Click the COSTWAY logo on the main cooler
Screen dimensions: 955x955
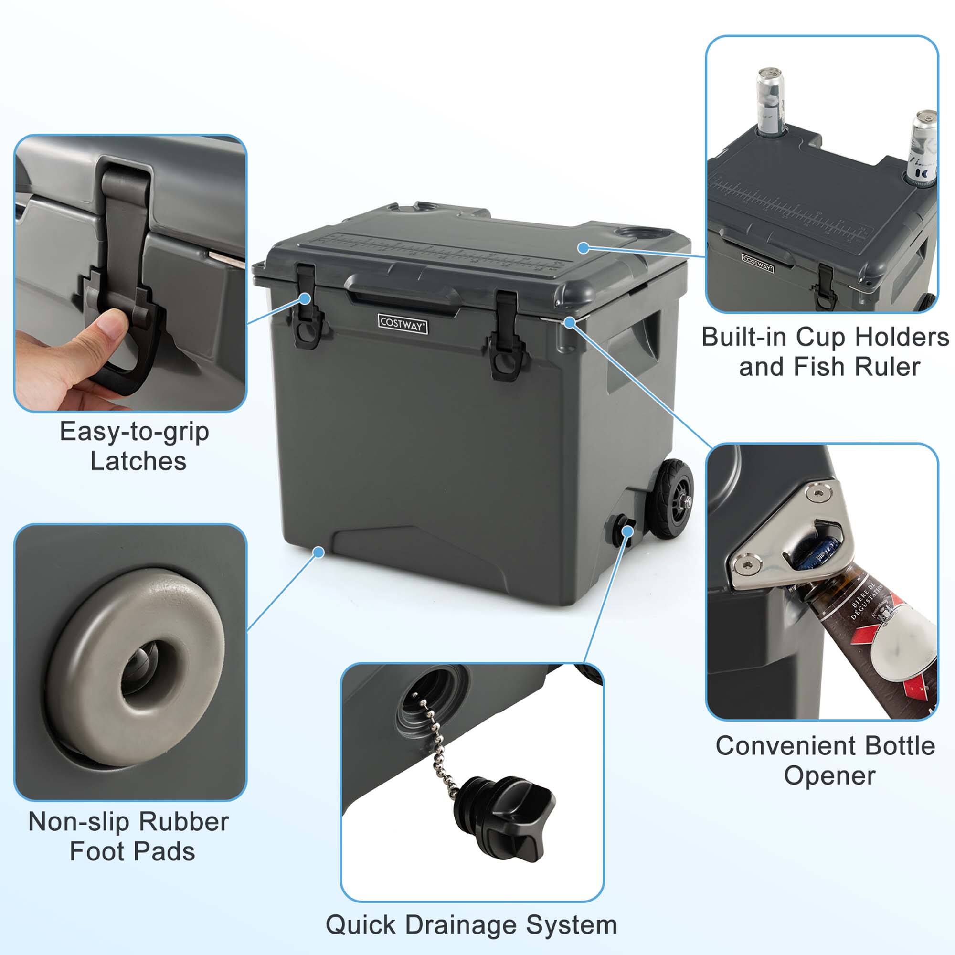click(x=403, y=324)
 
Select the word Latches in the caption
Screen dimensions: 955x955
click(x=138, y=461)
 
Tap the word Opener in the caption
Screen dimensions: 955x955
click(x=829, y=775)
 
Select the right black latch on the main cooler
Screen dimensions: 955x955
click(x=505, y=336)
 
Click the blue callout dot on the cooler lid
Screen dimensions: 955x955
click(x=584, y=248)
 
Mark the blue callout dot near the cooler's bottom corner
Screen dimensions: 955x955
click(x=319, y=552)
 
